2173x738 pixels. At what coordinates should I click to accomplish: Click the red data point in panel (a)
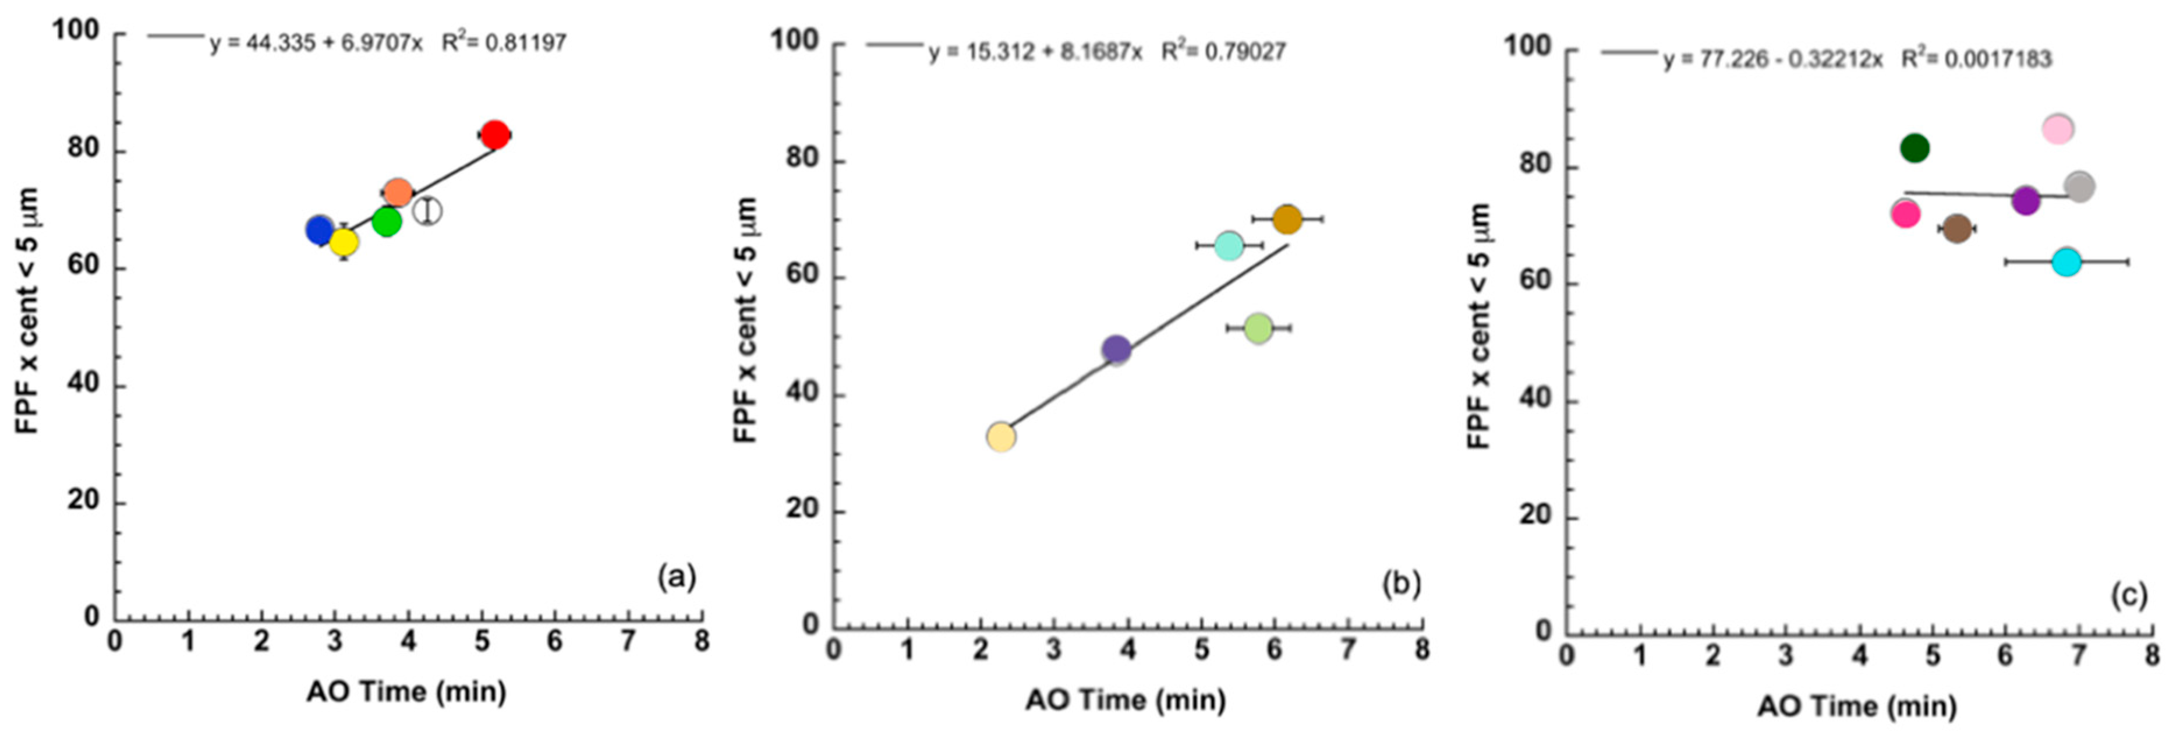(494, 134)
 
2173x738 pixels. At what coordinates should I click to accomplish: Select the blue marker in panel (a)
(319, 229)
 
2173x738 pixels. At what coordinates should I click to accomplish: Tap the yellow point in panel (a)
(344, 242)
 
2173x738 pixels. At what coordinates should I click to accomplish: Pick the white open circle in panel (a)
(428, 210)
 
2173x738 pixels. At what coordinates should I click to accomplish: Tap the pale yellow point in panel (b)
(1000, 436)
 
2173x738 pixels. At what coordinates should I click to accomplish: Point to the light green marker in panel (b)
(1258, 327)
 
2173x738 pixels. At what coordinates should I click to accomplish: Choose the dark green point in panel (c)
(1915, 149)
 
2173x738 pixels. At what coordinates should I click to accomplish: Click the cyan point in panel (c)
(2066, 262)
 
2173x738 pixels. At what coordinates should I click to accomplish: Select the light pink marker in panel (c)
(2058, 129)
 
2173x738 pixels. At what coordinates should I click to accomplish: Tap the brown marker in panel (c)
(1957, 228)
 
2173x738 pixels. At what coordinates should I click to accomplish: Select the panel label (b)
(1400, 584)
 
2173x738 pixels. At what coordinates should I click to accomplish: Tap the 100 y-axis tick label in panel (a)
(76, 30)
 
